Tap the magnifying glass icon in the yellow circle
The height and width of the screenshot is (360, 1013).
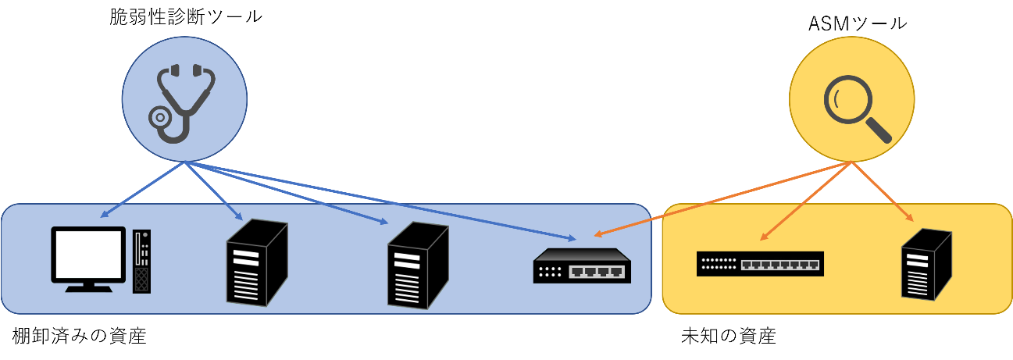point(855,107)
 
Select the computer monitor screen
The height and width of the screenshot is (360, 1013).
point(88,255)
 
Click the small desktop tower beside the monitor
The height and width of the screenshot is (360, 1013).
point(141,261)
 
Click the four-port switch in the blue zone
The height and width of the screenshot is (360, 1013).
point(582,266)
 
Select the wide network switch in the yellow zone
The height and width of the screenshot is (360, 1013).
point(760,264)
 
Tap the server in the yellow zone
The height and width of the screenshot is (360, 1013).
point(926,265)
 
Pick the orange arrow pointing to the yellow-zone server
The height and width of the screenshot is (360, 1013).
point(883,192)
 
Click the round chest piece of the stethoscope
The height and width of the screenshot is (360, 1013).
point(160,118)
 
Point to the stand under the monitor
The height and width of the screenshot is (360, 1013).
point(88,287)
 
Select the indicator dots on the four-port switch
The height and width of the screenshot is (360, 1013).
point(550,271)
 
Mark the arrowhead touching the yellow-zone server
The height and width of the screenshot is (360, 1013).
point(910,218)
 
